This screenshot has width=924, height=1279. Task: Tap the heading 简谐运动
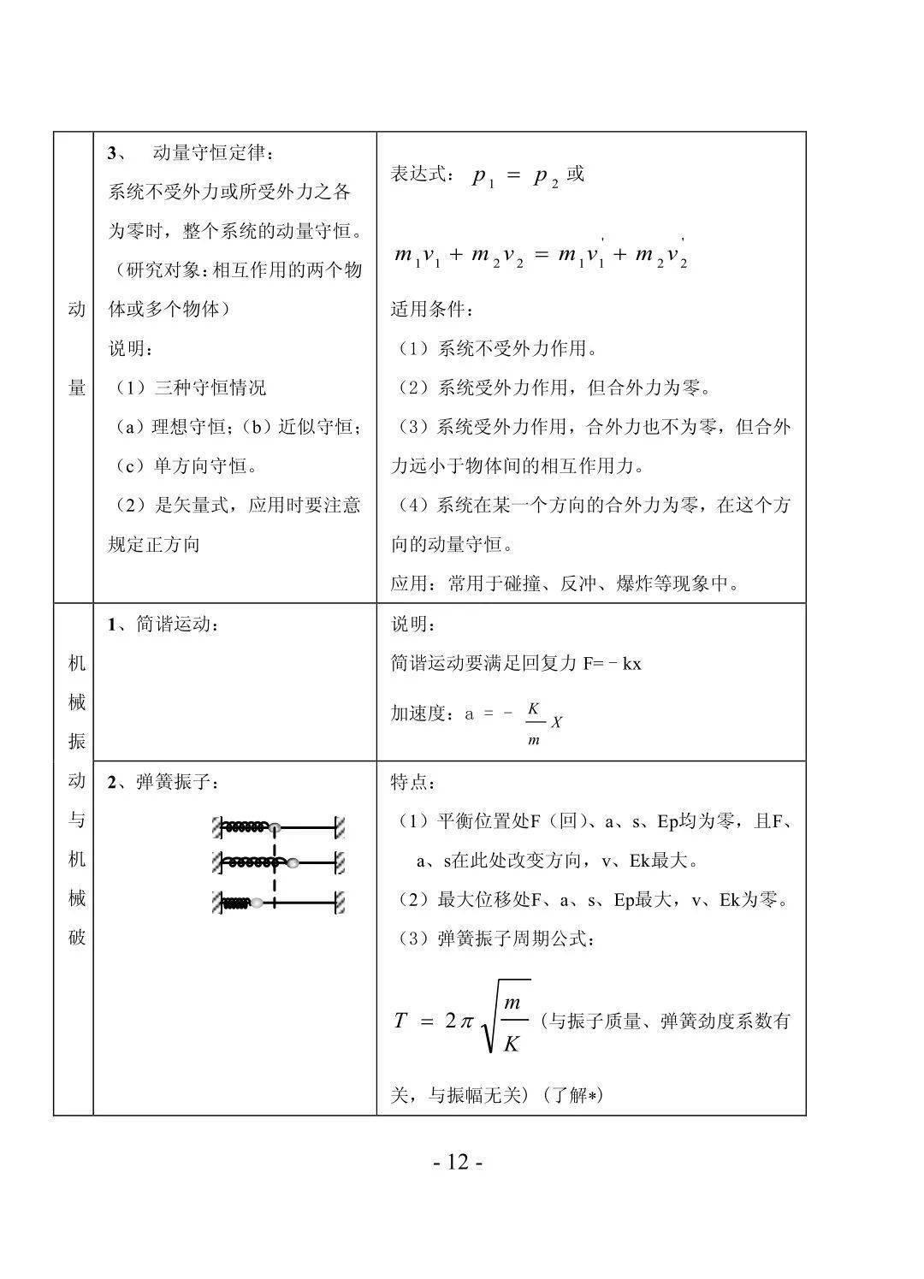pos(171,625)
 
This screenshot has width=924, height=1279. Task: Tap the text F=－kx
pos(613,664)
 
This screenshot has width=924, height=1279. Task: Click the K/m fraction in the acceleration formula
pos(534,723)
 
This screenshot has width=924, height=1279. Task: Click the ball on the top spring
pos(275,828)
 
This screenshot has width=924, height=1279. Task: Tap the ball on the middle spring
pos(293,863)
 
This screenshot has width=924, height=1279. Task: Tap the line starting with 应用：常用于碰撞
pos(566,583)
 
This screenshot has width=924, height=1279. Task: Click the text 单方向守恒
pos(195,466)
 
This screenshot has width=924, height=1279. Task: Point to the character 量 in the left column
pos(77,388)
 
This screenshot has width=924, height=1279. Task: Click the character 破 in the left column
pos(77,937)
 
